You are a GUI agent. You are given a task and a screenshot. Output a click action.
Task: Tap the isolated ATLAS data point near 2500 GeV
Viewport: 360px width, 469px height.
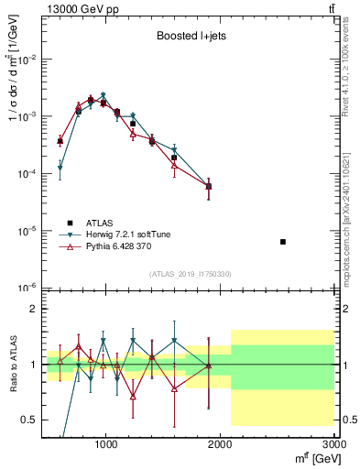(283, 242)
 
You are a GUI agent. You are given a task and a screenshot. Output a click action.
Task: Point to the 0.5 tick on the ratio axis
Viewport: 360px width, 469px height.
(27, 420)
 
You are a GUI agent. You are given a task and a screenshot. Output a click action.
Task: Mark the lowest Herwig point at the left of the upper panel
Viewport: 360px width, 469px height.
(60, 168)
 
